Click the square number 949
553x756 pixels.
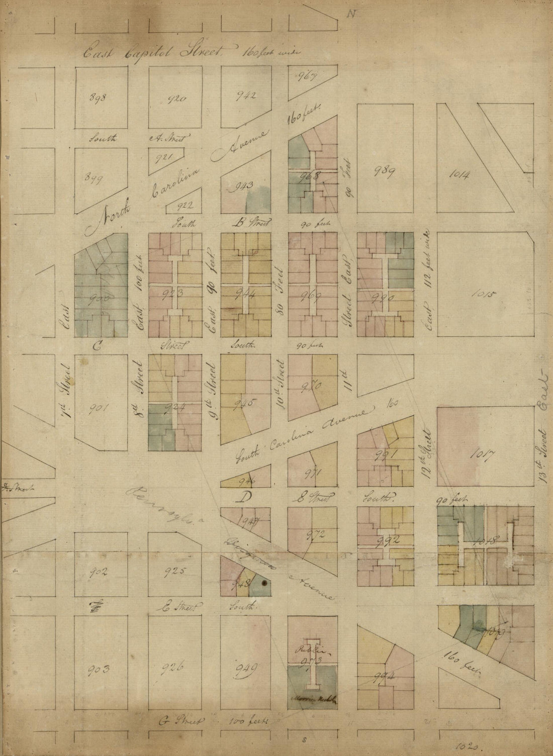(x=246, y=667)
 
